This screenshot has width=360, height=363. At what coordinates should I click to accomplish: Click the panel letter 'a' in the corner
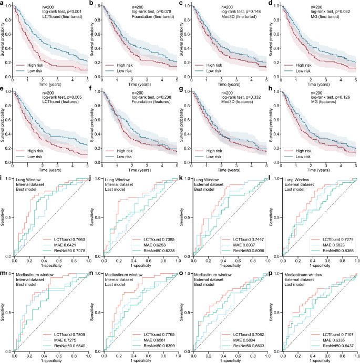pos(3,4)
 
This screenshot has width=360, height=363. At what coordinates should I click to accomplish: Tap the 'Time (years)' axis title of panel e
pos(48,170)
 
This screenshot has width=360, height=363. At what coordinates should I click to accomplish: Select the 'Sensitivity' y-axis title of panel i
pos(3,217)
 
